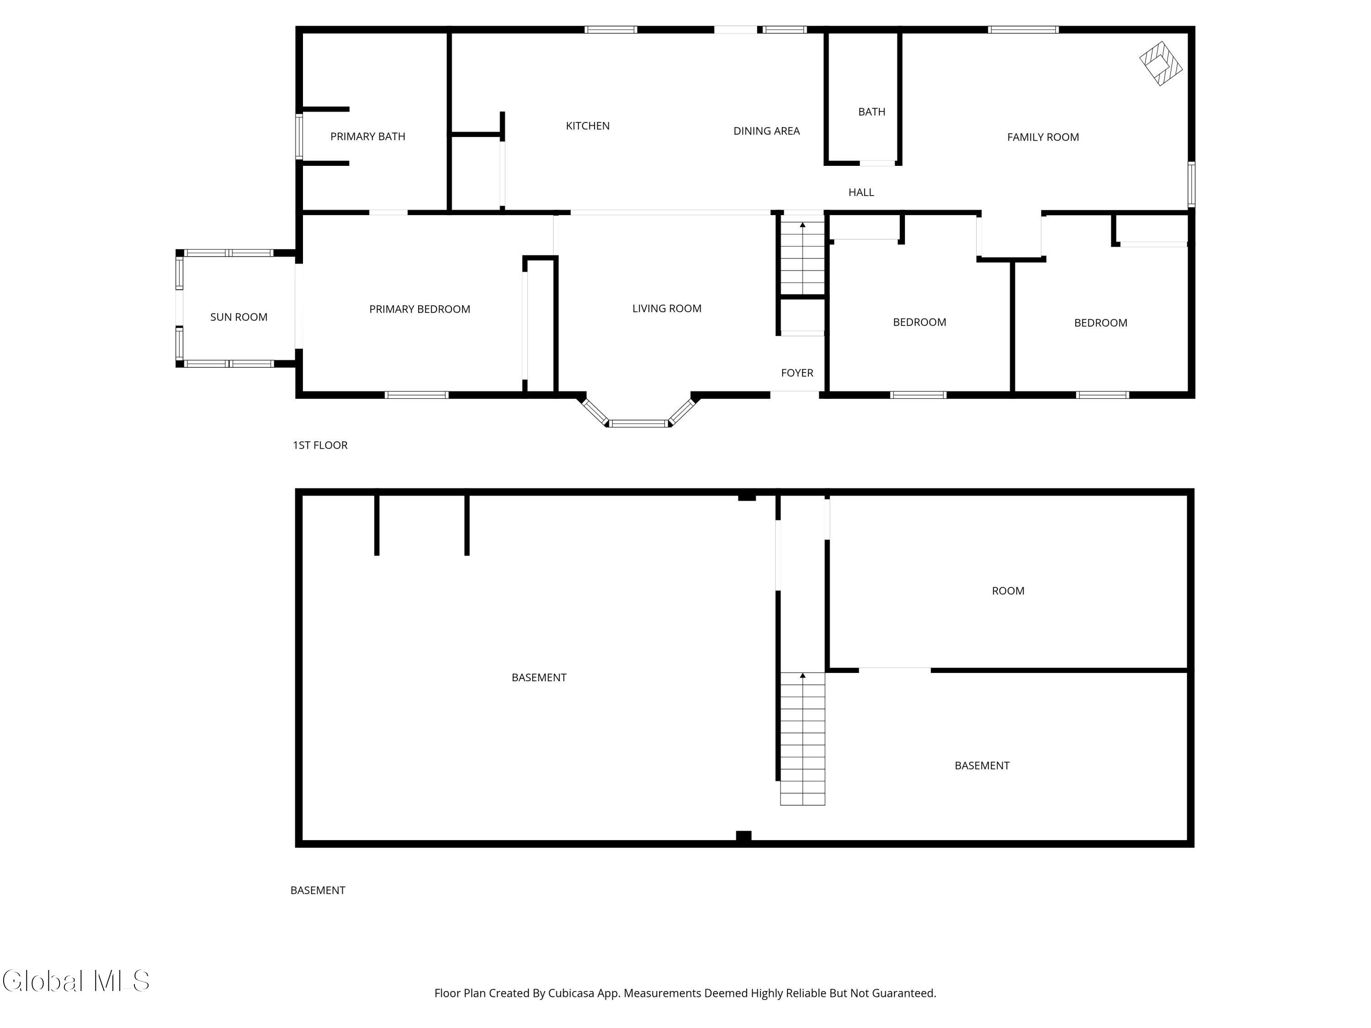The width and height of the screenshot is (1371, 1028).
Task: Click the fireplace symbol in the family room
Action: click(1160, 63)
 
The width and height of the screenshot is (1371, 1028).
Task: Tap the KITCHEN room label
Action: click(588, 126)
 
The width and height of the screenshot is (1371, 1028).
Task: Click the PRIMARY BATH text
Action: click(367, 136)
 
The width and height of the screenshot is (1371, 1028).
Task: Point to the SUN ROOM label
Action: click(239, 317)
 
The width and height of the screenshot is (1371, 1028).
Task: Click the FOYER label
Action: click(797, 372)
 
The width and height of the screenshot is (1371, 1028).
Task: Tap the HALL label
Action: click(861, 192)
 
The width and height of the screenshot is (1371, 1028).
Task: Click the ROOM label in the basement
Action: click(1008, 590)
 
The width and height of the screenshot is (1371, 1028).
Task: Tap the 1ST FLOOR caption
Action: click(320, 445)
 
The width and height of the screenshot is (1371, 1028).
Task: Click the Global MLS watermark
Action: click(75, 981)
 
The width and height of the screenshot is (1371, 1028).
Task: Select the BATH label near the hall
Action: click(871, 111)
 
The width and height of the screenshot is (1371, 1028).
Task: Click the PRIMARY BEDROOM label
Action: click(420, 308)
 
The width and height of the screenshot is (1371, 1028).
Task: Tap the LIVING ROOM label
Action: click(666, 308)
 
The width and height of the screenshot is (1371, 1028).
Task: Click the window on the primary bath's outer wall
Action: click(299, 136)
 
